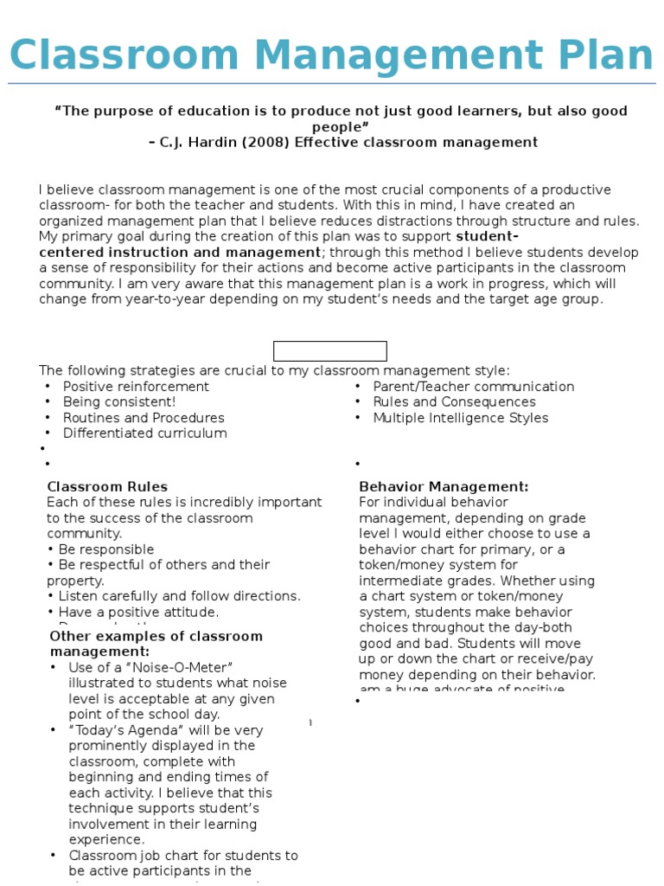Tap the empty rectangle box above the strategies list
click(x=329, y=351)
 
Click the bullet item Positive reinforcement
click(x=136, y=387)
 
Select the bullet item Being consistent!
click(x=119, y=402)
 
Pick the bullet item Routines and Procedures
click(x=144, y=418)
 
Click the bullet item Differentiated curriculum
click(x=145, y=433)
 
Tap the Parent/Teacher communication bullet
click(x=473, y=387)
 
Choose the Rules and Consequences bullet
click(x=454, y=402)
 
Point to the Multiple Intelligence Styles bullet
click(x=460, y=418)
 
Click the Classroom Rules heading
click(x=107, y=486)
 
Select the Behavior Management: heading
click(x=444, y=486)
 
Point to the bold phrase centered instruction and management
click(x=180, y=252)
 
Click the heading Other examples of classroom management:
click(x=156, y=644)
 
